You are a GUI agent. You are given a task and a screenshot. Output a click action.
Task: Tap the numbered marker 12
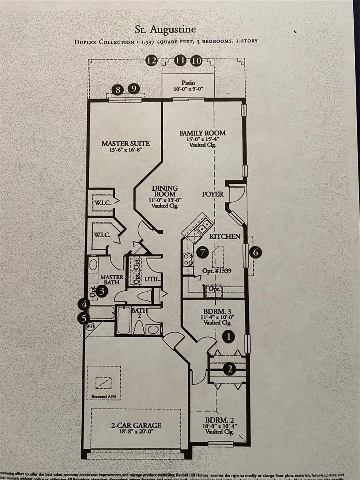[x=151, y=60]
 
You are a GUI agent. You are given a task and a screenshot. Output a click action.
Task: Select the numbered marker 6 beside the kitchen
[x=255, y=252]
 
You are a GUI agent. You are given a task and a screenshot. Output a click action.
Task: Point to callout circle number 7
[x=203, y=252]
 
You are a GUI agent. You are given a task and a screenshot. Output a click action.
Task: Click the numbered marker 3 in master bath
[x=102, y=291]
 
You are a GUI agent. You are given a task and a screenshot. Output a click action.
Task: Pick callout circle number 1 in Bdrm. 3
[x=228, y=337]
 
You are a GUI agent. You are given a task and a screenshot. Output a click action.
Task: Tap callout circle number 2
[x=229, y=369]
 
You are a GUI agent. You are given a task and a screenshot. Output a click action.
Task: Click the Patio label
[x=188, y=83]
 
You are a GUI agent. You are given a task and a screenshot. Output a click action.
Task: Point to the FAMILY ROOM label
[x=202, y=133]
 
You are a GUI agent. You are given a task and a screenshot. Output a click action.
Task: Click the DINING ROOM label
[x=165, y=191]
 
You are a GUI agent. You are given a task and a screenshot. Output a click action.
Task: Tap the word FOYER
[x=212, y=194]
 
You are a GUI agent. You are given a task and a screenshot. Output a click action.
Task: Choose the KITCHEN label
[x=225, y=236]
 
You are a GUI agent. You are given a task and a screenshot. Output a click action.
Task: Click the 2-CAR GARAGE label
[x=136, y=425]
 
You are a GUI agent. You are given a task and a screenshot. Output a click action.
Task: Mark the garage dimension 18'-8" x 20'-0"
[x=136, y=432]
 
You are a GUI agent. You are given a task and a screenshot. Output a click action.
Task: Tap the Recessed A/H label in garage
[x=104, y=396]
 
